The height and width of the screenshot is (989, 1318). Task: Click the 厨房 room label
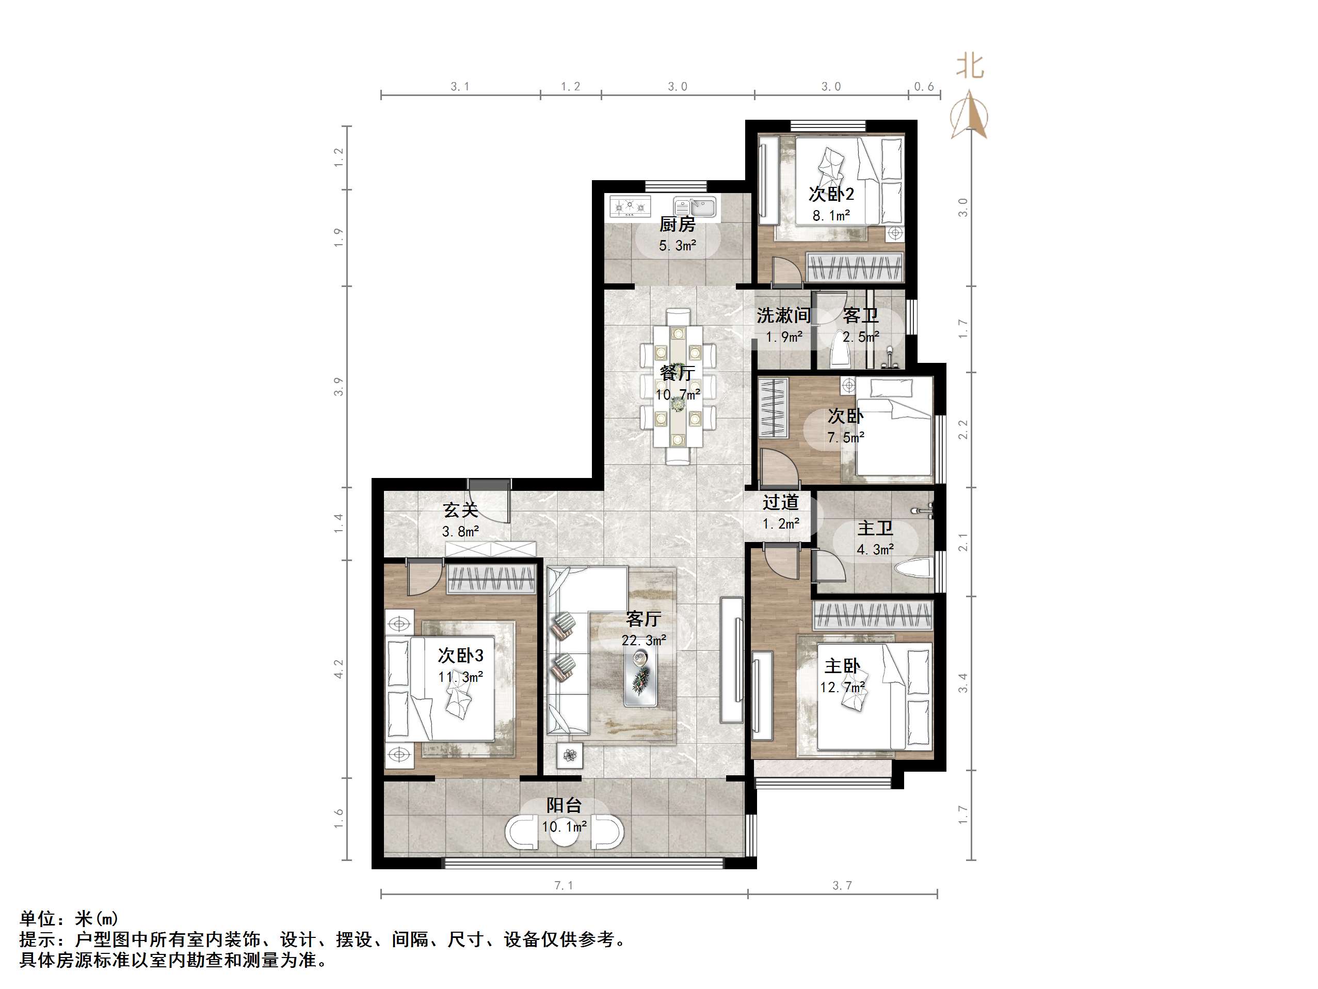pos(677,225)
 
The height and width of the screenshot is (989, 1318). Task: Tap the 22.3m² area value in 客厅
pos(644,640)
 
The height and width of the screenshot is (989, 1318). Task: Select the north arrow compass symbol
pos(968,115)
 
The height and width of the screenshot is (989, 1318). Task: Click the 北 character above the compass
pos(970,66)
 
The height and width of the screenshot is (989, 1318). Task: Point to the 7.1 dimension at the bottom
pos(564,886)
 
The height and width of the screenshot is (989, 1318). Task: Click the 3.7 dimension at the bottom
pos(842,886)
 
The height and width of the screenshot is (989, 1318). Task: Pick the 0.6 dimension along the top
pos(924,87)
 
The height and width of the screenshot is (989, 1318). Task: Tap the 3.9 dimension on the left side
pos(339,386)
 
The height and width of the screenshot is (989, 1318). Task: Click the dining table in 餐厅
pos(678,386)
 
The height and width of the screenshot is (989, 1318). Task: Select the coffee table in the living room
pos(641,677)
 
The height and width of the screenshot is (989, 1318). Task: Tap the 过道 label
pos(780,503)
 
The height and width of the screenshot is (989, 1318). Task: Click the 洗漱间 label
pos(783,315)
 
